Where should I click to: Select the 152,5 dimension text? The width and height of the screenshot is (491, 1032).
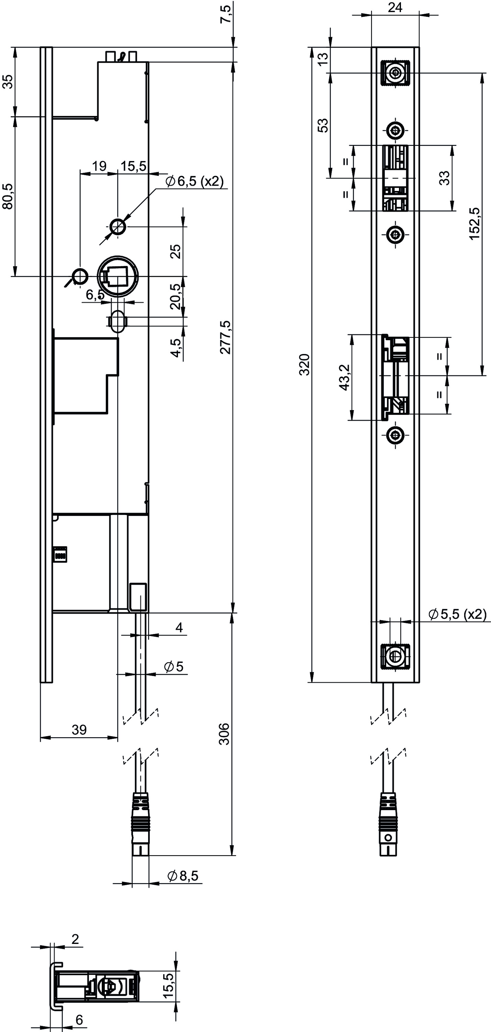coord(474,223)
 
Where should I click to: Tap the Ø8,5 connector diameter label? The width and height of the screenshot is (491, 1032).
coord(183,876)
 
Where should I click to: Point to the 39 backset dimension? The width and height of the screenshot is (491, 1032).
coord(79,730)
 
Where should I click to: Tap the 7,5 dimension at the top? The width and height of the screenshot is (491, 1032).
coord(225,14)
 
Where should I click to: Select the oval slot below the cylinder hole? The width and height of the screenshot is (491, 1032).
coord(118,321)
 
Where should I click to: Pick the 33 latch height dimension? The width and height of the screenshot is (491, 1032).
coord(445,178)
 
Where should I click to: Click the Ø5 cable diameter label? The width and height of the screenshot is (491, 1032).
coord(174,666)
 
